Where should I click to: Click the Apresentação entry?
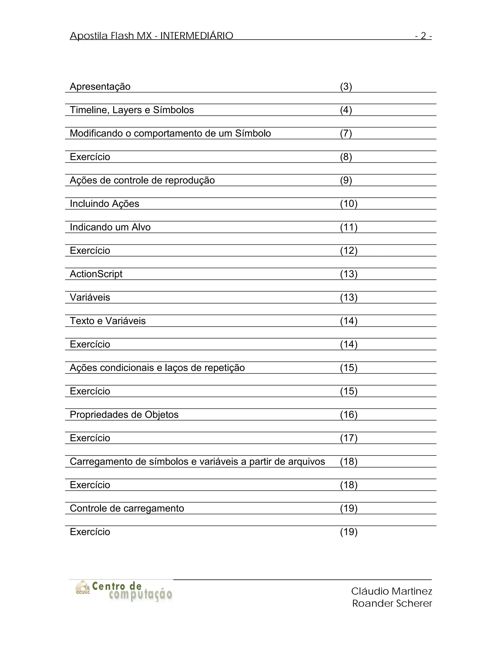(100, 86)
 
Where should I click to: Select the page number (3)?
(346, 86)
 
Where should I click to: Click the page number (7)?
(346, 133)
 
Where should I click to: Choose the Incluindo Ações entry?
(104, 204)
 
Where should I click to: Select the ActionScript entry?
(96, 274)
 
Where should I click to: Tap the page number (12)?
(349, 251)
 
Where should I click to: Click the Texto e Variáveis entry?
(108, 321)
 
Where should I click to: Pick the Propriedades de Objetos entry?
(124, 415)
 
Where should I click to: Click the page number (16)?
(349, 415)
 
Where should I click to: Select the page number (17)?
(349, 438)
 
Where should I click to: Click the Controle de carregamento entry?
(127, 508)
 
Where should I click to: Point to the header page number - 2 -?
(423, 36)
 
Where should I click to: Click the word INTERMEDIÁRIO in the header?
(197, 36)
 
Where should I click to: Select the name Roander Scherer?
(392, 603)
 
